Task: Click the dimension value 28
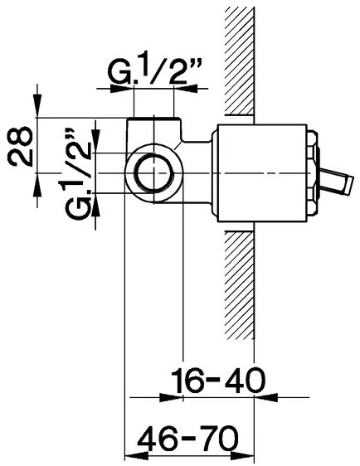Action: (x=20, y=146)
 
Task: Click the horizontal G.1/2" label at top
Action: (x=153, y=71)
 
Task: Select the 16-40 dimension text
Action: (x=218, y=380)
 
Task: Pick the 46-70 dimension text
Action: (x=187, y=438)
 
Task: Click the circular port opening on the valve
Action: (x=154, y=173)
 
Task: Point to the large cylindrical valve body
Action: (x=262, y=173)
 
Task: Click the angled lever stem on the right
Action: (x=336, y=182)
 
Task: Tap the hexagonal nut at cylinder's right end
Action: (x=312, y=173)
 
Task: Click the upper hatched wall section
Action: (x=239, y=61)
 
